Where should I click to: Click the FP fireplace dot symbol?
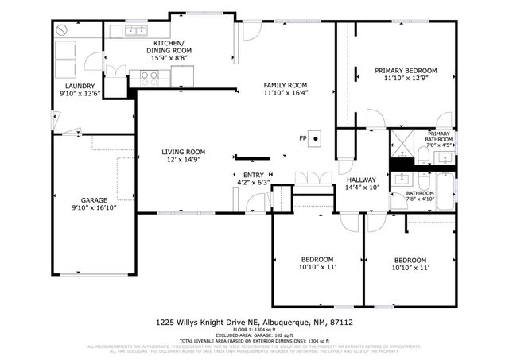[316, 138]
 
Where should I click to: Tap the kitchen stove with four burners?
[148, 77]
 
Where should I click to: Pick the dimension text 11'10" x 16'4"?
[286, 93]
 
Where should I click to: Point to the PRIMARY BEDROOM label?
[406, 71]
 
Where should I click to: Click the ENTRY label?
[253, 175]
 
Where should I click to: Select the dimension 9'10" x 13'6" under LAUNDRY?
[80, 94]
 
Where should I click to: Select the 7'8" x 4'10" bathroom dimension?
[420, 198]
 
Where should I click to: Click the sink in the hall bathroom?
[402, 176]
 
